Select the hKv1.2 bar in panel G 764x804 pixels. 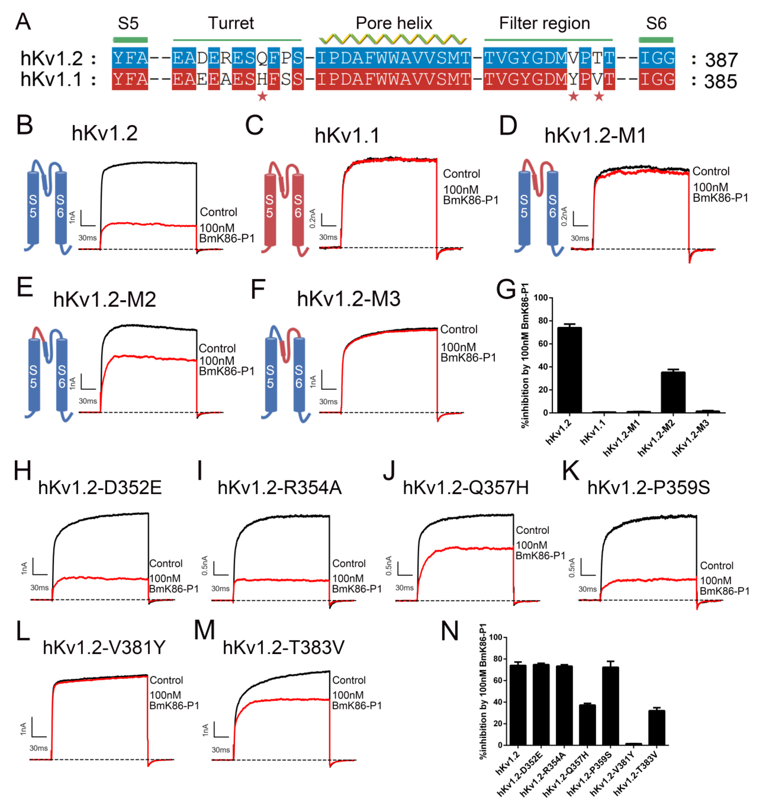(x=569, y=370)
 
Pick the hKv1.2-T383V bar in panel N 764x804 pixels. (x=656, y=727)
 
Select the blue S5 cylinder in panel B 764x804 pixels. (x=33, y=208)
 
